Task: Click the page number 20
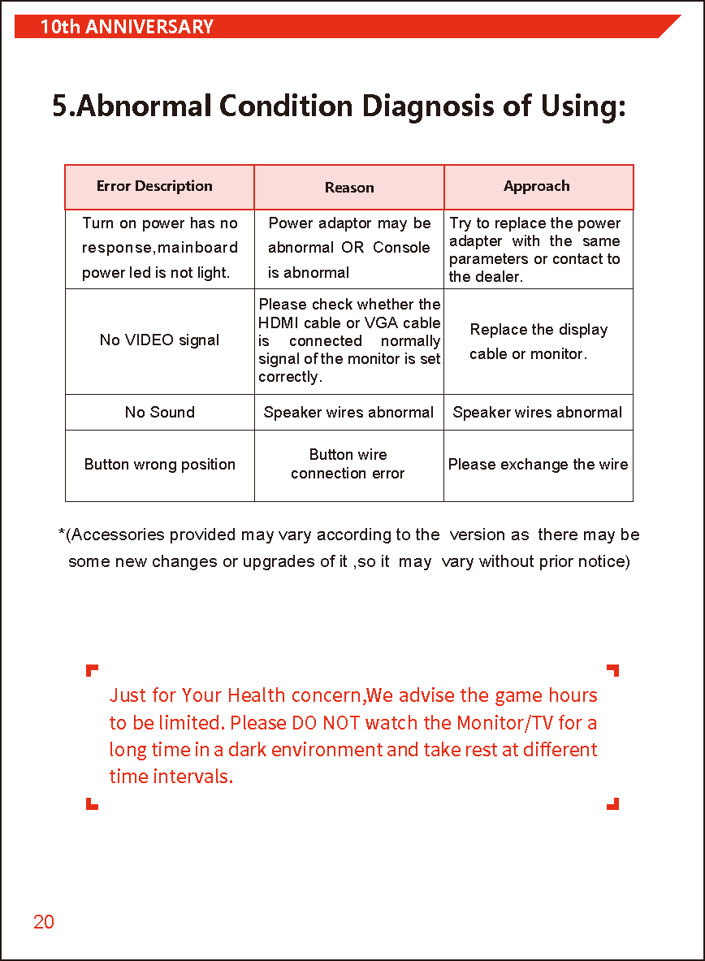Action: (44, 922)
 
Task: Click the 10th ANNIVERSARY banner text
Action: (127, 27)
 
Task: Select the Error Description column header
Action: (154, 186)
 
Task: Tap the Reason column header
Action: (349, 188)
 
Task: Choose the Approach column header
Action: (537, 186)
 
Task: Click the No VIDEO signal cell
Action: (159, 340)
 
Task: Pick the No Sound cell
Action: (160, 412)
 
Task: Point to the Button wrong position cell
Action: (160, 465)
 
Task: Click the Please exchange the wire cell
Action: (538, 465)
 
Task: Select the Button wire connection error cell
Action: (348, 464)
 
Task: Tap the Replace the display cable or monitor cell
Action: (538, 341)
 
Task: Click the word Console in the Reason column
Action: (401, 248)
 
